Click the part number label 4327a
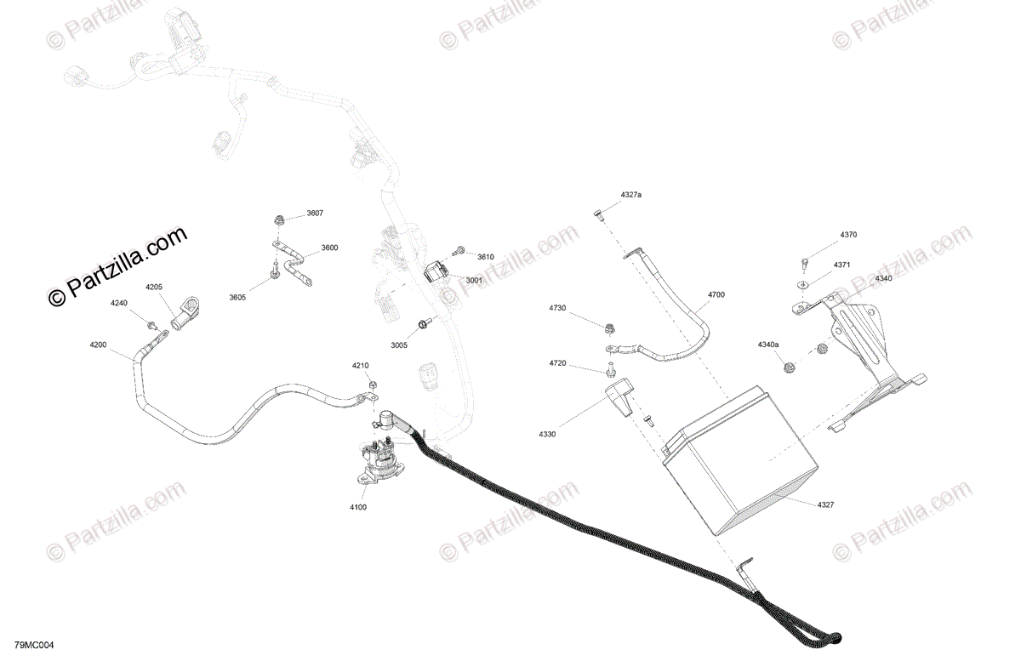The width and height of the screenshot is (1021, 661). coord(630,196)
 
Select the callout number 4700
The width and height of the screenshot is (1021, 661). coord(716,294)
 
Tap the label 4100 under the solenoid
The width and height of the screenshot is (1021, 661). coord(357,507)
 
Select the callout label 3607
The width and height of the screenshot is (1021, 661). coord(315,213)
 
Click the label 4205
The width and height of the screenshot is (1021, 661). coord(154,288)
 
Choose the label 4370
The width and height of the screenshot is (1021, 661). coord(848,235)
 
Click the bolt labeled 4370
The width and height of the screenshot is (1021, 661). coord(805,261)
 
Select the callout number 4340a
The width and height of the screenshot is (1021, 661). coord(768,345)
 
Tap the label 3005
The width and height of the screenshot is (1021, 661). coord(399,345)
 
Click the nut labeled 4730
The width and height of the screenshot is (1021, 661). coord(609,328)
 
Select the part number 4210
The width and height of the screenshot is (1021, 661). coord(361,366)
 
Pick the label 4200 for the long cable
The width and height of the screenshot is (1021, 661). coord(99,345)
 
